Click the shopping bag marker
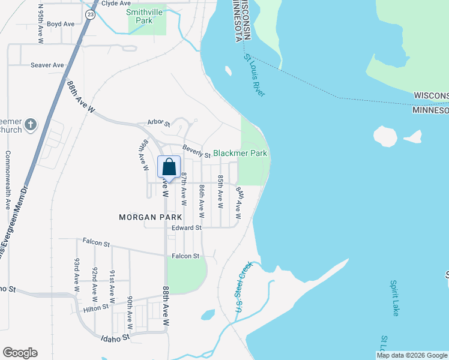(x=169, y=167)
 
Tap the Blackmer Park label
(x=240, y=154)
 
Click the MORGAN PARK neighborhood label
(x=146, y=217)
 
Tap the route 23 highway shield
(x=90, y=14)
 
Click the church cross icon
(x=31, y=125)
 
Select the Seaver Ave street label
(x=47, y=65)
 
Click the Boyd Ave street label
(x=60, y=24)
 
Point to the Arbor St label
(x=159, y=123)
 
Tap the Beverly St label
(x=196, y=151)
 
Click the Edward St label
(x=186, y=228)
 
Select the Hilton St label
(x=95, y=307)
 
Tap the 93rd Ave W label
(x=77, y=275)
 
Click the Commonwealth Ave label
(x=8, y=180)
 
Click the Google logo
(x=20, y=353)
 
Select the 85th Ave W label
(x=220, y=192)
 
